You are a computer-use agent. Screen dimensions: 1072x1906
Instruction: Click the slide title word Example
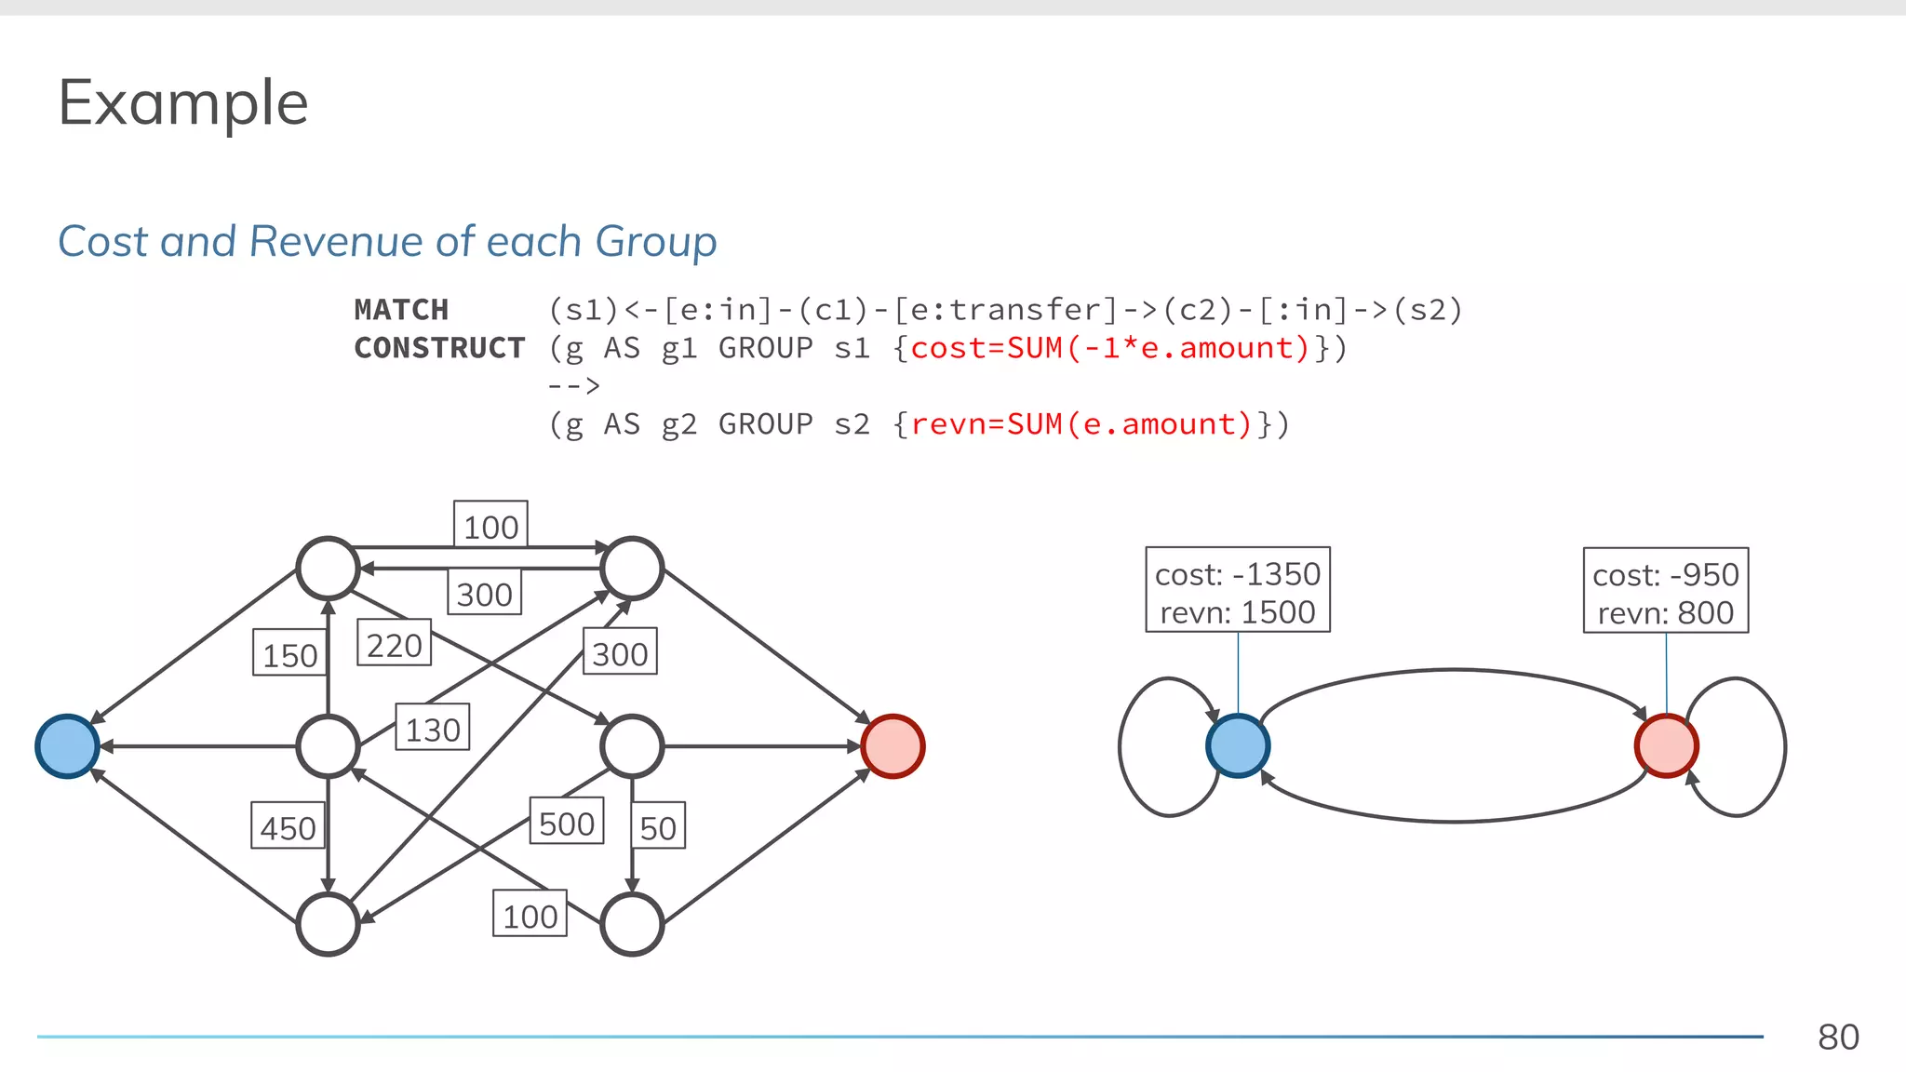pyautogui.click(x=183, y=103)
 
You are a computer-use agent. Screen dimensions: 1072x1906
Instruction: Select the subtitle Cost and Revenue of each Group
pyautogui.click(x=387, y=242)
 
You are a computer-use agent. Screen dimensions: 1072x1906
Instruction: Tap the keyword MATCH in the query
pyautogui.click(x=401, y=310)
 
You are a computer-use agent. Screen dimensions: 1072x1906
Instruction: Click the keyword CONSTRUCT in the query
pyautogui.click(x=439, y=348)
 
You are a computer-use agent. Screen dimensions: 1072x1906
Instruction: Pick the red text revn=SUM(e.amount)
pyautogui.click(x=1081, y=424)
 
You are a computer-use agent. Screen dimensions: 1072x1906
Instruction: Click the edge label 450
pyautogui.click(x=288, y=827)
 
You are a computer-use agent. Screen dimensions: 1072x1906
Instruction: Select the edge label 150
pyautogui.click(x=289, y=654)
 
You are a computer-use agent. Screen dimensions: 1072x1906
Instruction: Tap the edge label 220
pyautogui.click(x=394, y=644)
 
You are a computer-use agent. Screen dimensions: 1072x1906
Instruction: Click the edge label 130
pyautogui.click(x=432, y=729)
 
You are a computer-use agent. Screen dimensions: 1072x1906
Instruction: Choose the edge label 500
pyautogui.click(x=566, y=823)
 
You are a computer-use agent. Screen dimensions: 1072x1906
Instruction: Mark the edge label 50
pyautogui.click(x=658, y=827)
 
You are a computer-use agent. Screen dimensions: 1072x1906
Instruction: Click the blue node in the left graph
pyautogui.click(x=67, y=746)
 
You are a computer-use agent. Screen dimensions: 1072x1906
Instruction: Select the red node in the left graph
pyautogui.click(x=893, y=746)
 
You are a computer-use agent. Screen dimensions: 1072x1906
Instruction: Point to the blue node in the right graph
pyautogui.click(x=1237, y=746)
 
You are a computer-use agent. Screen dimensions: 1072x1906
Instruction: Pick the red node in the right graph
pyautogui.click(x=1666, y=746)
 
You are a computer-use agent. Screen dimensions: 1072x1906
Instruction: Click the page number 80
pyautogui.click(x=1838, y=1037)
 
